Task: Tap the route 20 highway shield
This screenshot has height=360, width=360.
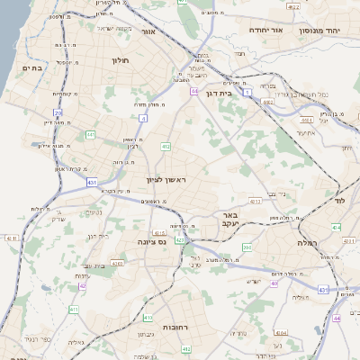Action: pyautogui.click(x=58, y=112)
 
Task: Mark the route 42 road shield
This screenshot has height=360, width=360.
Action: pyautogui.click(x=84, y=286)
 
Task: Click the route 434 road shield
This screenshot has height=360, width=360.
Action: pyautogui.click(x=335, y=229)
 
